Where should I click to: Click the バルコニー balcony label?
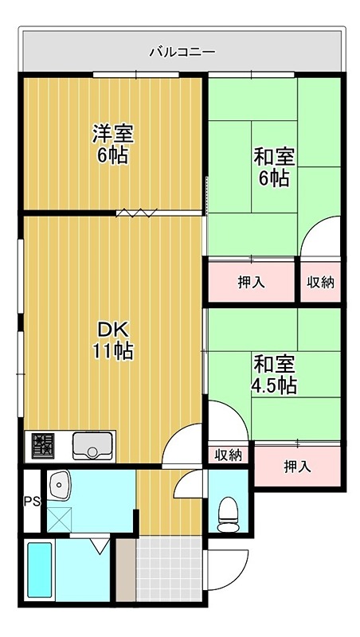point(182,53)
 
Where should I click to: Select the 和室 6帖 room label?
point(274,166)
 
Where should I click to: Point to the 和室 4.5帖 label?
point(275,375)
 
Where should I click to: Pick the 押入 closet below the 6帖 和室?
point(251,281)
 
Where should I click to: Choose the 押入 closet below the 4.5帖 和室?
point(297,466)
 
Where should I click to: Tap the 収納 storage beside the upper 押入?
point(322,281)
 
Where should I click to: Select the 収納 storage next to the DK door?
point(228,455)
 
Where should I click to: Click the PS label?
point(31,502)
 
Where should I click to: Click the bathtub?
point(39,573)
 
